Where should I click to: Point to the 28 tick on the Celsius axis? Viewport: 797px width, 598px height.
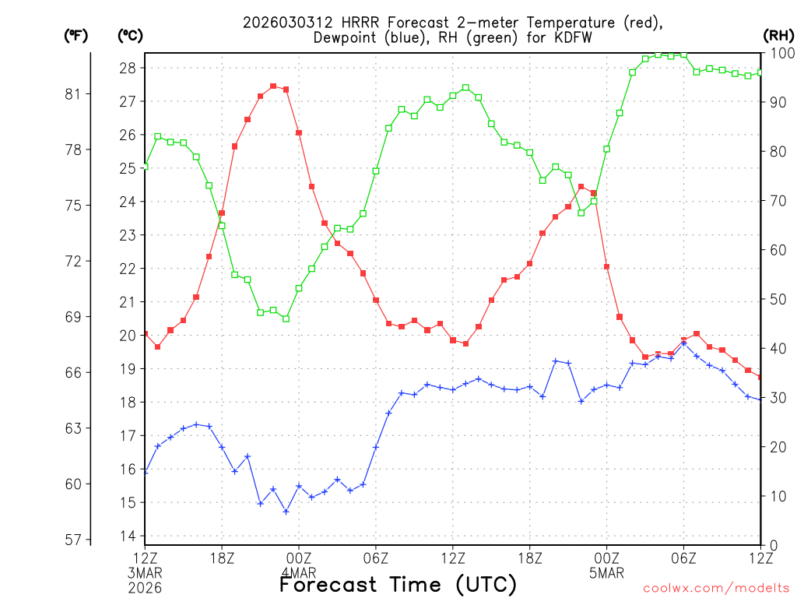(x=127, y=68)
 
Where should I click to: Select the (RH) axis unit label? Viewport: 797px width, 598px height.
(x=778, y=35)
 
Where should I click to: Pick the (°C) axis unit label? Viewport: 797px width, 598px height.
(x=129, y=35)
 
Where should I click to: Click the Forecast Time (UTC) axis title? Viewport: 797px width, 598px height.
(x=398, y=584)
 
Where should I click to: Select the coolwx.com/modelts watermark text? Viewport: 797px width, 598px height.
(x=715, y=587)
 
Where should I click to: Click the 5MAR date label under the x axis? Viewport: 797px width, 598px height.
(x=606, y=574)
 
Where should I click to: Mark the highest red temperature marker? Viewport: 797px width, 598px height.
(x=273, y=86)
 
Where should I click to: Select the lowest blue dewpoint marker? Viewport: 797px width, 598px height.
(x=286, y=512)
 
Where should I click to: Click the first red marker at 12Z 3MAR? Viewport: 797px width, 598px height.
(x=146, y=334)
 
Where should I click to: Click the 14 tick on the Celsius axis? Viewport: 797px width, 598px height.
(x=127, y=536)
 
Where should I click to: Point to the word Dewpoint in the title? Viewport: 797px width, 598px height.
(x=346, y=37)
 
